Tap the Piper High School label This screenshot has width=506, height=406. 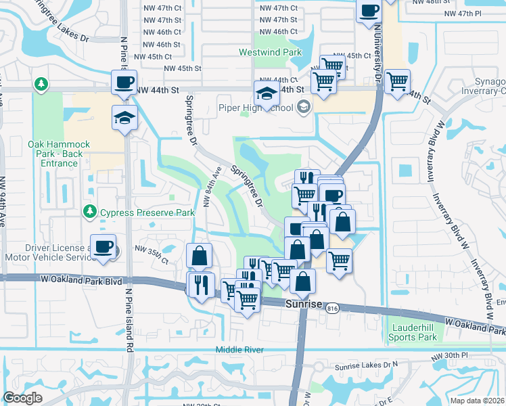pos(256,108)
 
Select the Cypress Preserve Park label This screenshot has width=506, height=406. pos(147,212)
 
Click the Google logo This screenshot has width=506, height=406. pos(22,399)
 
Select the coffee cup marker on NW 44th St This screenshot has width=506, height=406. pos(124,83)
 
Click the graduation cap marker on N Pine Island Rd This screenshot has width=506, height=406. pos(125,118)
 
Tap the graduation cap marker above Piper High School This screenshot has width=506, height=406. pos(267,94)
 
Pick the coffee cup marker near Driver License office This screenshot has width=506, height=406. pos(103,247)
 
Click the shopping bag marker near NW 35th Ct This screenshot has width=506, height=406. pos(199,256)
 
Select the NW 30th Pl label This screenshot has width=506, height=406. pos(453,355)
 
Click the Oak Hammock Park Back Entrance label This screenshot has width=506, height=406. pos(55,154)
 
